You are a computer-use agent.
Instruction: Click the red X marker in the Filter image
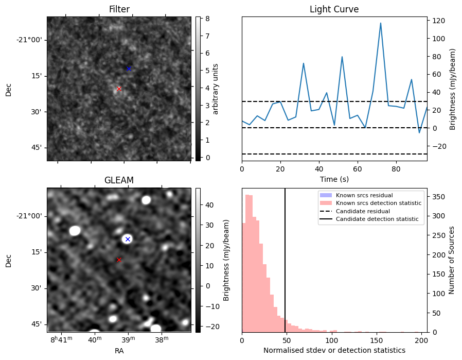(119, 89)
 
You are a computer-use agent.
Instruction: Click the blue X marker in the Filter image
(129, 68)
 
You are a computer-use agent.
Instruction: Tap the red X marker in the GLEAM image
(119, 260)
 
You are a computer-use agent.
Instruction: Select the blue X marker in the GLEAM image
(128, 239)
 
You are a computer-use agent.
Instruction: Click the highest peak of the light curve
(381, 23)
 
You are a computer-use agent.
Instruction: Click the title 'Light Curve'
(334, 10)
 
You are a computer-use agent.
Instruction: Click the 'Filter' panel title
(119, 10)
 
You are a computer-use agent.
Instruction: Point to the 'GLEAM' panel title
(119, 180)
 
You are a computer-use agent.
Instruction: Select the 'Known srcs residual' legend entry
(364, 195)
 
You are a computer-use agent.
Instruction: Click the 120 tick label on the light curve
(439, 21)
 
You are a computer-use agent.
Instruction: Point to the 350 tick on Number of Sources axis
(438, 197)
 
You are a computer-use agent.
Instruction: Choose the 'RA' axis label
(119, 350)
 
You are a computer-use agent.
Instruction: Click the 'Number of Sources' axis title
(452, 260)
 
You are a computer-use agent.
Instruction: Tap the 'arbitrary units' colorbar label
(216, 89)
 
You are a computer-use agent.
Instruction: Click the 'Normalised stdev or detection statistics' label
(334, 350)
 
